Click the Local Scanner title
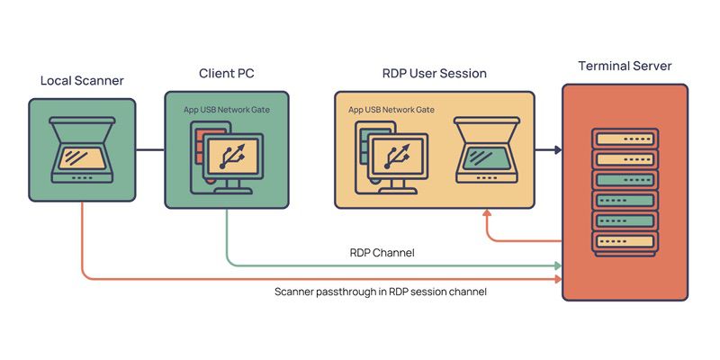click(82, 81)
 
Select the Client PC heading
click(227, 72)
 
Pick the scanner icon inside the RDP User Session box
click(487, 149)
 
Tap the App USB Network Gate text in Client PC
click(227, 109)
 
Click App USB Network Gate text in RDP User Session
click(391, 109)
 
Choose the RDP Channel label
click(382, 253)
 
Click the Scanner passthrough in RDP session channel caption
click(381, 292)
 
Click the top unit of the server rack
click(625, 139)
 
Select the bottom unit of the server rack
click(625, 243)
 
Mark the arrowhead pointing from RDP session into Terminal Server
click(557, 149)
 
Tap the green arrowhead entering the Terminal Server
click(558, 266)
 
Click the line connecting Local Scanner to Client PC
click(150, 149)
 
